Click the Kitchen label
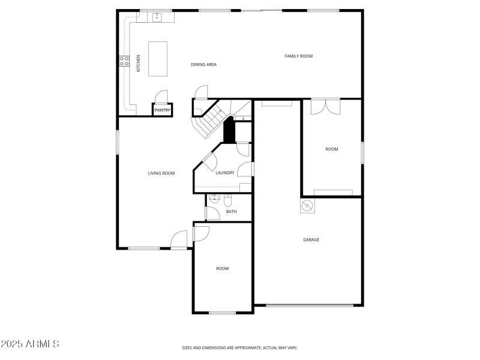[139, 64]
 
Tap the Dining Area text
[203, 64]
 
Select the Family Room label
[298, 56]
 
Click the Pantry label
[162, 110]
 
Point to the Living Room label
[161, 173]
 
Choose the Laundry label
[225, 173]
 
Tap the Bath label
[231, 211]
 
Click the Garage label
[311, 239]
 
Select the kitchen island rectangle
[158, 59]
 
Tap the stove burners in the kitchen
[124, 61]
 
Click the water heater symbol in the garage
[308, 206]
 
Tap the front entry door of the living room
[179, 240]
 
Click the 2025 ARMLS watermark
[30, 344]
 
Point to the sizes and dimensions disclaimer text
[240, 347]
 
